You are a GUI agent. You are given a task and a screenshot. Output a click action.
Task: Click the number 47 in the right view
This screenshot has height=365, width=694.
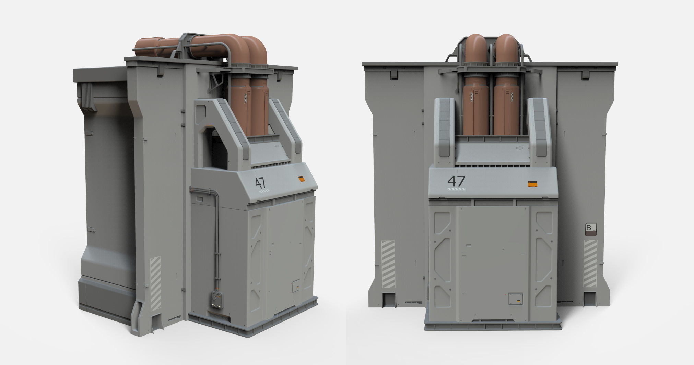[x=456, y=181]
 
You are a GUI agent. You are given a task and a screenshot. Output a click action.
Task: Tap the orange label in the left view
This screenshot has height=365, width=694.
[x=302, y=179]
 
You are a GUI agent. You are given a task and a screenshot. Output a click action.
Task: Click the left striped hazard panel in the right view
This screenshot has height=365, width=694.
[x=388, y=264]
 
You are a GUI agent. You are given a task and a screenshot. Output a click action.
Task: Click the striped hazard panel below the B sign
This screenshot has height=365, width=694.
[x=590, y=264]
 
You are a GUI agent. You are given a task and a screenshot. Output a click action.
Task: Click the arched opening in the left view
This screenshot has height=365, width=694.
[x=214, y=147]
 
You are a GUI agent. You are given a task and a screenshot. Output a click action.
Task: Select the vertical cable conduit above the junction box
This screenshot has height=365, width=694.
[x=216, y=240]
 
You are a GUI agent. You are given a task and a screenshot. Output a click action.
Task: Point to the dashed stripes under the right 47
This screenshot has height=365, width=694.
[x=456, y=189]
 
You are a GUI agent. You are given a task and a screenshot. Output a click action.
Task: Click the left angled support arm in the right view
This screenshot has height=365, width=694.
[x=445, y=130]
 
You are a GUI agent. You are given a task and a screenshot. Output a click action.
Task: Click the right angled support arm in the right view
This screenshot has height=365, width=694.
[x=538, y=130]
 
